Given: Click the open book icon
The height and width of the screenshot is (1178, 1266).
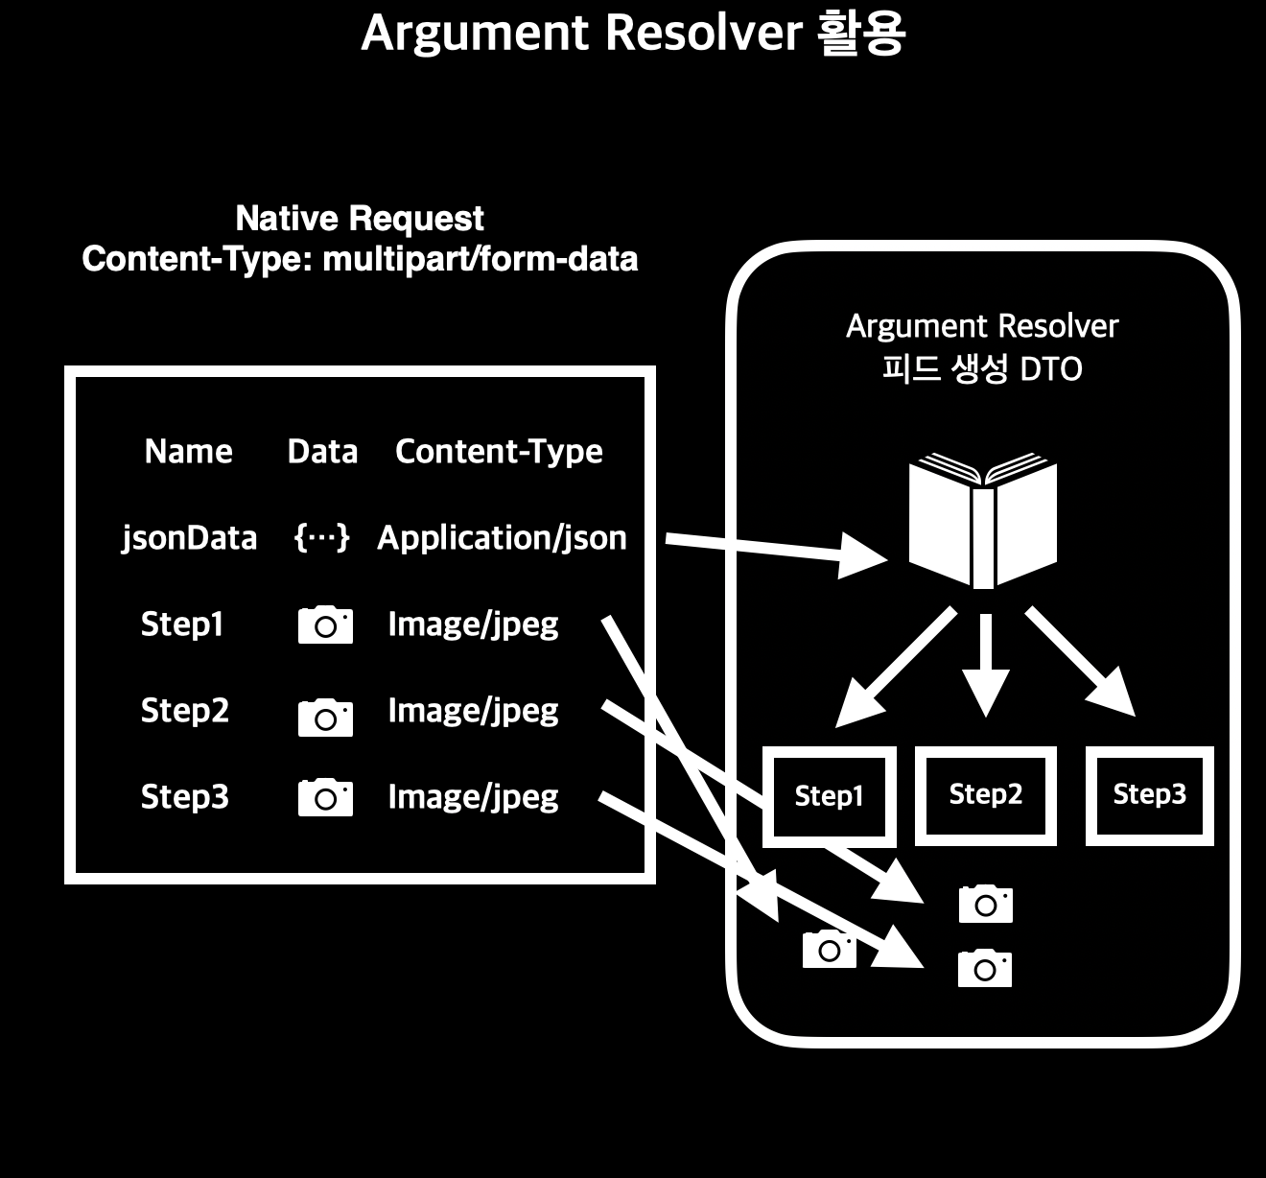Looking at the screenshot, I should tap(982, 523).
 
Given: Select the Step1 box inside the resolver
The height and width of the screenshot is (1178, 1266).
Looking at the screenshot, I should tap(829, 796).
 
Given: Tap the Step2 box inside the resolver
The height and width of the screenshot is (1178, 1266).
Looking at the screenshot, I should tap(986, 795).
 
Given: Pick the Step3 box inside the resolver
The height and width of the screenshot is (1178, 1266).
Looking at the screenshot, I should tap(1149, 795).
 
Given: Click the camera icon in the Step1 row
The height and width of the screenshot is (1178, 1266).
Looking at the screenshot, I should tap(325, 625).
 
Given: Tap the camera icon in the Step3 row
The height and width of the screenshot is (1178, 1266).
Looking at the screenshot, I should tap(325, 798).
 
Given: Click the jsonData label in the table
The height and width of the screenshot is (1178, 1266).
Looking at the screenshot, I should tap(189, 538).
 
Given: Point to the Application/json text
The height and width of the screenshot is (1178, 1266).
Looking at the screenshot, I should tap(502, 538).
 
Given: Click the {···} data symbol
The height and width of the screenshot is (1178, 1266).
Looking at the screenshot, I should tap(321, 538).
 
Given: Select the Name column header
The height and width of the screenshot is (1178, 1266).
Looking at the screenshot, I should tap(188, 452).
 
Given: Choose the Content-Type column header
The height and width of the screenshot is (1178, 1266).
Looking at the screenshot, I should tap(499, 452).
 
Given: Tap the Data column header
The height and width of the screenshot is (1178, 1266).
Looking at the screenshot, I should tap(322, 452).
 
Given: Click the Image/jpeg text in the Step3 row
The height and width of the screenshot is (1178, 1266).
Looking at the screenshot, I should tap(473, 797).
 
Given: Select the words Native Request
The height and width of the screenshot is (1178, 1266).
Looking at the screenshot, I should tap(360, 219).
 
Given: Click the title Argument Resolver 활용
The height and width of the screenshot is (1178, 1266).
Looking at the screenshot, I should tap(633, 34).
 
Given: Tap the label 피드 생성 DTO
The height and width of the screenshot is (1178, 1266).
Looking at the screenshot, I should tap(981, 369).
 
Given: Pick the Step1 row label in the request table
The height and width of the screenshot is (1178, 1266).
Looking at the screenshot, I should tap(182, 624).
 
